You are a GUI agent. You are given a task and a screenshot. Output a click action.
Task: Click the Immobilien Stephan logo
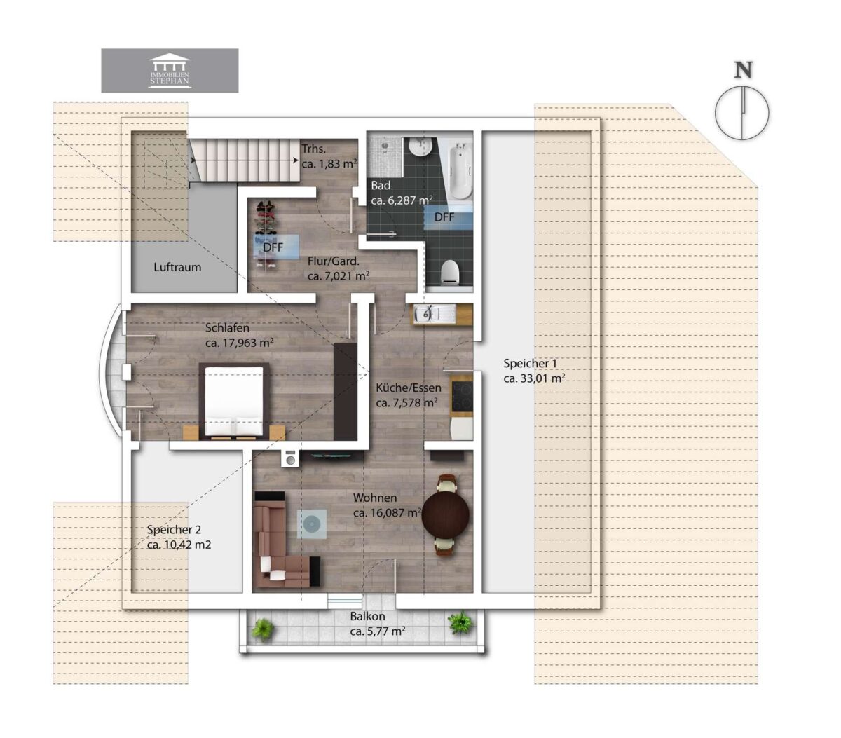170,71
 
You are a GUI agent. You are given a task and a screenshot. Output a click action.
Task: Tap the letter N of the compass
743,71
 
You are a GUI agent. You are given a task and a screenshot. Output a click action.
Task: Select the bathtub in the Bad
460,170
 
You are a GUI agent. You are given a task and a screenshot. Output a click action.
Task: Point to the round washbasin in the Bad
420,148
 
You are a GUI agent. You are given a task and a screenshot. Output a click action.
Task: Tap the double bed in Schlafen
233,402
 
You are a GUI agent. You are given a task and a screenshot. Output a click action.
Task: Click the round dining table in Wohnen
446,514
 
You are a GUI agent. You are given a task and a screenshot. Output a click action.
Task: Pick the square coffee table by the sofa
311,524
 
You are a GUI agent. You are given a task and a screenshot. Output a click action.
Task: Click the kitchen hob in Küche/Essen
462,395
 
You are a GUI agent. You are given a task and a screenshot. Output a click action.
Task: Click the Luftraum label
177,267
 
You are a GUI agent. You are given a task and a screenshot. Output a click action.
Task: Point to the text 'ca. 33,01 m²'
534,378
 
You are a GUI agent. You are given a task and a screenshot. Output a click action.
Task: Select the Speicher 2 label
174,530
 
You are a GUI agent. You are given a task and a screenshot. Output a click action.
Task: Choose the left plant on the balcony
264,629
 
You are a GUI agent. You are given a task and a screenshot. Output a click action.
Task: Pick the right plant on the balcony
460,622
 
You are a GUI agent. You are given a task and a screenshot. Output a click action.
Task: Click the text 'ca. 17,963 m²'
240,343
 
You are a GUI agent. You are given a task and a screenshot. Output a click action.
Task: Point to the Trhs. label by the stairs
314,149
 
